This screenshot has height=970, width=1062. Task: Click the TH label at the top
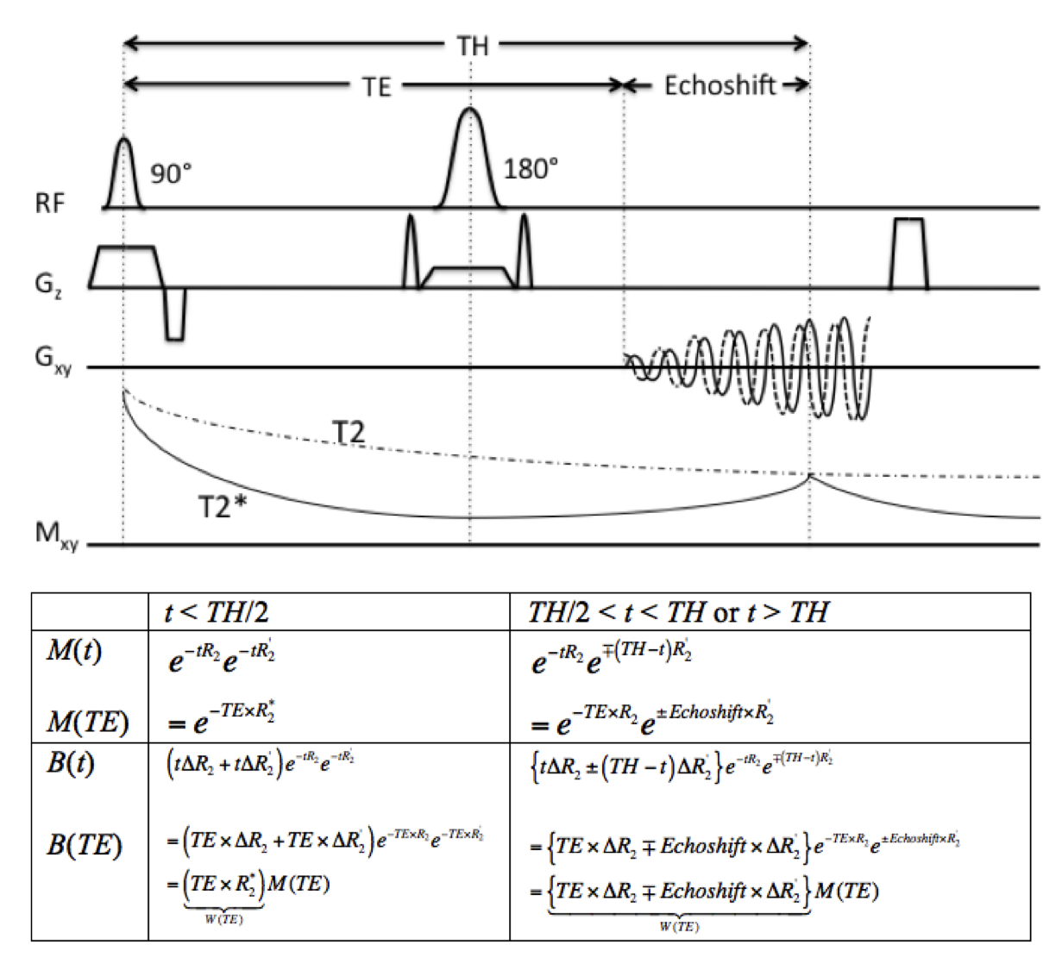pyautogui.click(x=472, y=45)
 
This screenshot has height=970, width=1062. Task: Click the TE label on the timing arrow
pyautogui.click(x=376, y=86)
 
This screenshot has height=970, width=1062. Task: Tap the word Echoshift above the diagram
pyautogui.click(x=720, y=85)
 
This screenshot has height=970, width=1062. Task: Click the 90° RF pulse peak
pyautogui.click(x=123, y=141)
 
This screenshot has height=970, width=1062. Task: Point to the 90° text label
pyautogui.click(x=171, y=173)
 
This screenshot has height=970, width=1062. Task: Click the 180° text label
pyautogui.click(x=531, y=168)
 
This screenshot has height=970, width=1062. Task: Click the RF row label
pyautogui.click(x=50, y=203)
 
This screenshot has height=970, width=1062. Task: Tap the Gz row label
pyautogui.click(x=48, y=283)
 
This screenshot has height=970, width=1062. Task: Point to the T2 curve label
pyautogui.click(x=348, y=433)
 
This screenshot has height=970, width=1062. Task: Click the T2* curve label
pyautogui.click(x=222, y=506)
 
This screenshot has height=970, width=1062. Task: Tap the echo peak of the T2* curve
pyautogui.click(x=809, y=476)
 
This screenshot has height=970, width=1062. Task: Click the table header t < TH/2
pyautogui.click(x=217, y=612)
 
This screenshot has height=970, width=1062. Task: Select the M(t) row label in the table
pyautogui.click(x=74, y=651)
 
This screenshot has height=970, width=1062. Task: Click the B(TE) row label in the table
pyautogui.click(x=84, y=845)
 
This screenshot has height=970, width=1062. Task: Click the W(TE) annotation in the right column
pyautogui.click(x=679, y=927)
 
